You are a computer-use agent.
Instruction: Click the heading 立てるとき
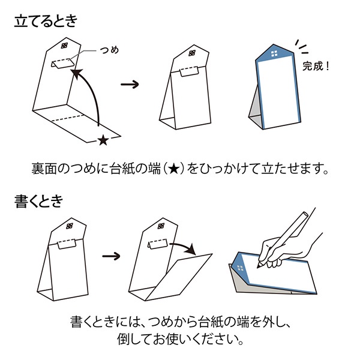[x=46, y=22]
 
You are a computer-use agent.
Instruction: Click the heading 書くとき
[x=38, y=202]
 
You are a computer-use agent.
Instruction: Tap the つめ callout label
[x=109, y=50]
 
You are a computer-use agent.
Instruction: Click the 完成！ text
[x=316, y=66]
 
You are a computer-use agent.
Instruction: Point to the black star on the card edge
[x=103, y=140]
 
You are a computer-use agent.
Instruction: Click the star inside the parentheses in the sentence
[x=174, y=169]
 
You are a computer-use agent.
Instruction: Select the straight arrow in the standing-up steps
[x=130, y=84]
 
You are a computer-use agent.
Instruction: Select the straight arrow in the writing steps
[x=112, y=256]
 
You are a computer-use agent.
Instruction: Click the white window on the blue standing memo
[x=274, y=54]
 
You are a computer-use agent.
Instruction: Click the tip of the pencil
[x=258, y=267]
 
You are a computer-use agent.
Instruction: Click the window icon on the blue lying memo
[x=241, y=268]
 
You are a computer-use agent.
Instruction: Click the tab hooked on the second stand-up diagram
[x=189, y=71]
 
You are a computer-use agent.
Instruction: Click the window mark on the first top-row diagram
[x=65, y=46]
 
